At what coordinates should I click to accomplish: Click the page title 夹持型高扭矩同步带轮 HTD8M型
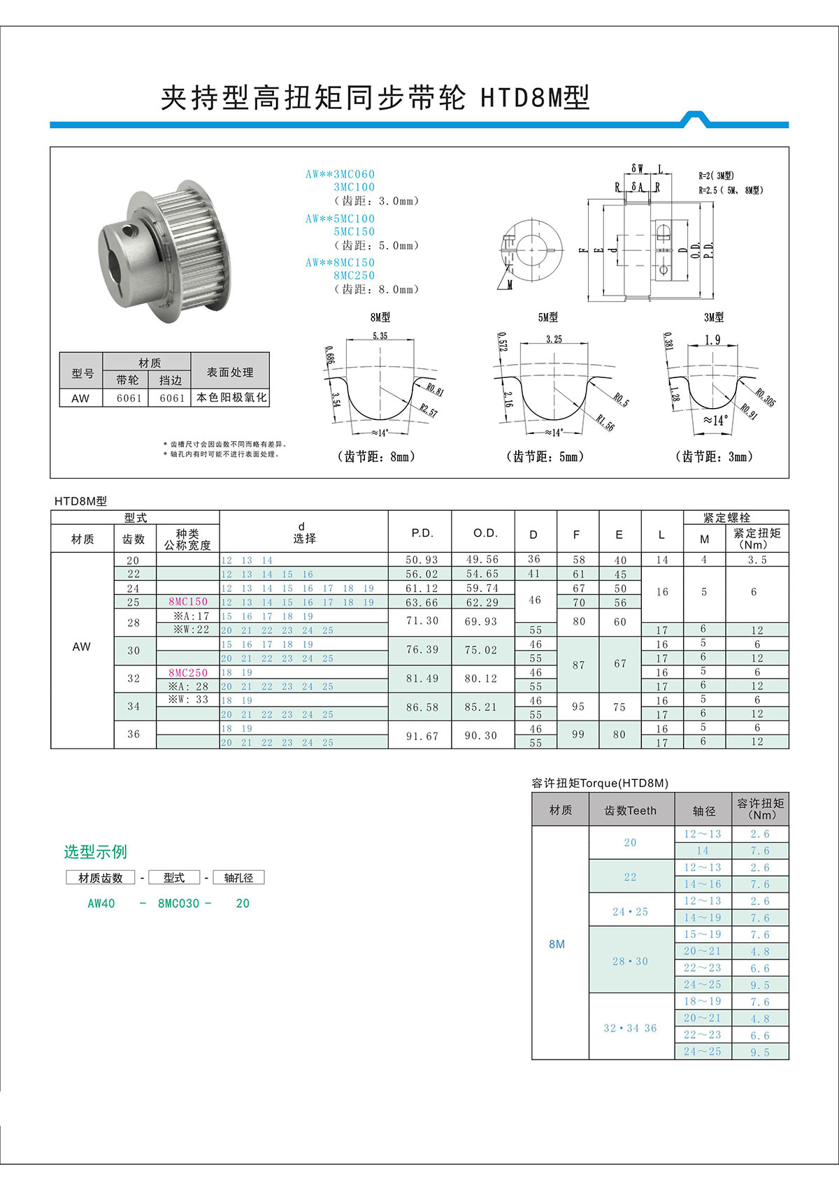(x=375, y=98)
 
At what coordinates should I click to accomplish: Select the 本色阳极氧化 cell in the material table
(x=231, y=398)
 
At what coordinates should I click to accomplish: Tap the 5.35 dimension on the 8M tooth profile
(x=380, y=336)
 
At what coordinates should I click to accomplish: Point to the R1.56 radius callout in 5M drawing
(x=605, y=422)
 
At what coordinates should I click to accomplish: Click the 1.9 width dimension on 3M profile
(x=712, y=340)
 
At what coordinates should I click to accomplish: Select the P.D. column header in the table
(x=422, y=533)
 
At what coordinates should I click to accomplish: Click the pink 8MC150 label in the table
(x=188, y=602)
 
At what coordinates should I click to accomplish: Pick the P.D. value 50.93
(x=422, y=561)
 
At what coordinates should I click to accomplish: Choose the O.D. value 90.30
(x=481, y=735)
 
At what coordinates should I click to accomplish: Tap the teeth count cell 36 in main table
(x=134, y=735)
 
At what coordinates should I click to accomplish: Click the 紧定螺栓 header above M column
(x=726, y=518)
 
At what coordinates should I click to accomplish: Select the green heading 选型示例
(x=95, y=852)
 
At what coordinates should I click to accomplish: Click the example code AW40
(x=101, y=904)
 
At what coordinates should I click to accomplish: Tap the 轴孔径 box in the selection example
(x=238, y=878)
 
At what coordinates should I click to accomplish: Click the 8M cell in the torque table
(x=557, y=944)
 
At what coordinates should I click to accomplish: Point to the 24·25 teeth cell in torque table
(x=630, y=912)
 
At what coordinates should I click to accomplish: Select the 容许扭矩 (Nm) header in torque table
(x=760, y=809)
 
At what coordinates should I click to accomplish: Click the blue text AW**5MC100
(x=340, y=219)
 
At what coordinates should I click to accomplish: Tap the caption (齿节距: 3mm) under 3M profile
(x=714, y=456)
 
